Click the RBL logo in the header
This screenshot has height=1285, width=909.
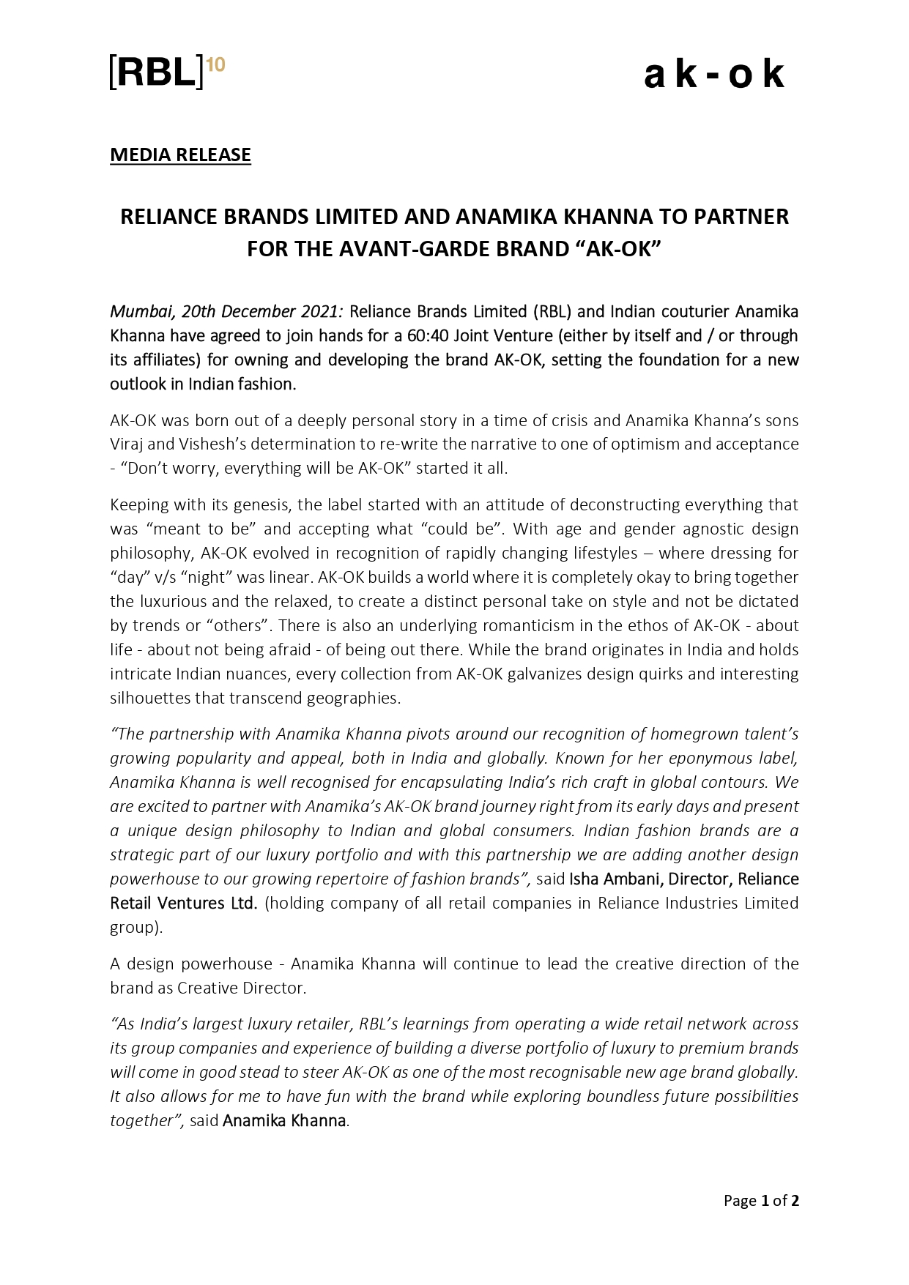tap(157, 72)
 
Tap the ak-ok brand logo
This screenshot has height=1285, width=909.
tap(714, 75)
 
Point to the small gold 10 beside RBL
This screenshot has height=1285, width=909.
tap(216, 65)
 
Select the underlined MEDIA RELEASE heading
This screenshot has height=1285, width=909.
tap(180, 154)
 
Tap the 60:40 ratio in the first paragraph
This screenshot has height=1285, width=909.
tap(427, 336)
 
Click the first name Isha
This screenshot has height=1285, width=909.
tap(584, 879)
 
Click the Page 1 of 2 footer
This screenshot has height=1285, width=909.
tap(761, 1201)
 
